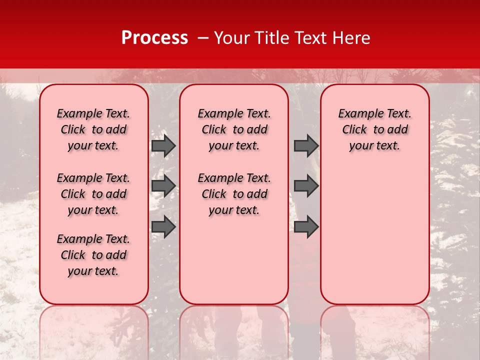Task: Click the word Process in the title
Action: tap(154, 38)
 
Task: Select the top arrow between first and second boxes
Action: tap(163, 145)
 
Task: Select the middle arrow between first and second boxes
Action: tap(163, 186)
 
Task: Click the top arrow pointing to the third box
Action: tap(306, 145)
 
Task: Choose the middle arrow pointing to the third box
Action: tap(306, 186)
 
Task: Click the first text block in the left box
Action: tap(93, 129)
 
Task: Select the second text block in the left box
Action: tap(93, 194)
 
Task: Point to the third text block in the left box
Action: tap(93, 255)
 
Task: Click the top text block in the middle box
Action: tap(234, 129)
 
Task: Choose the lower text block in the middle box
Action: tap(234, 194)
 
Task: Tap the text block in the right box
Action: tap(374, 129)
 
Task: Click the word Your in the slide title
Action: tap(232, 38)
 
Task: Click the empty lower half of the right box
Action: tap(374, 240)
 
